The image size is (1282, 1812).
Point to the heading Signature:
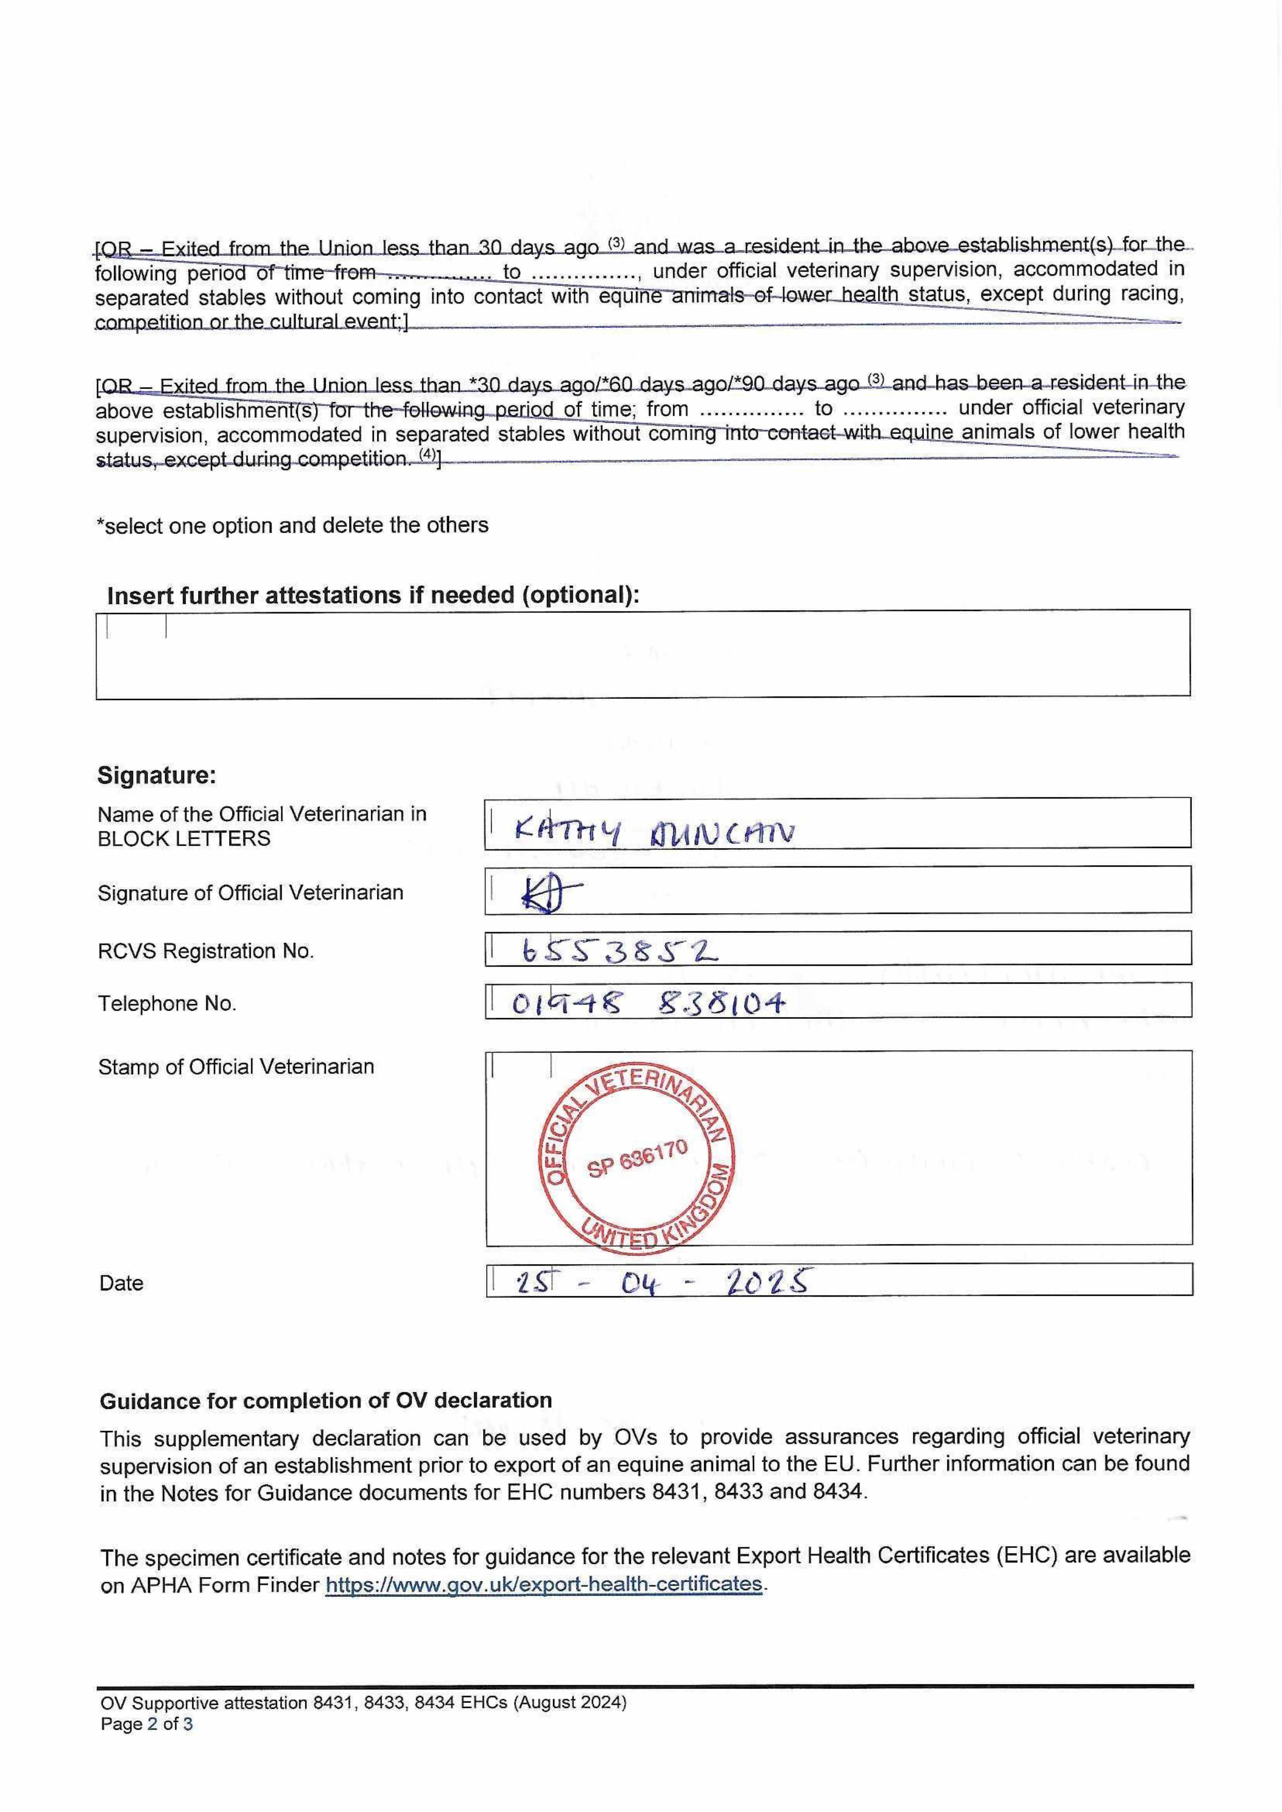[x=156, y=775]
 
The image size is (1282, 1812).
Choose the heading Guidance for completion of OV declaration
[x=325, y=1401]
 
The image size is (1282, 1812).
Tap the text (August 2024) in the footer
[x=570, y=1703]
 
